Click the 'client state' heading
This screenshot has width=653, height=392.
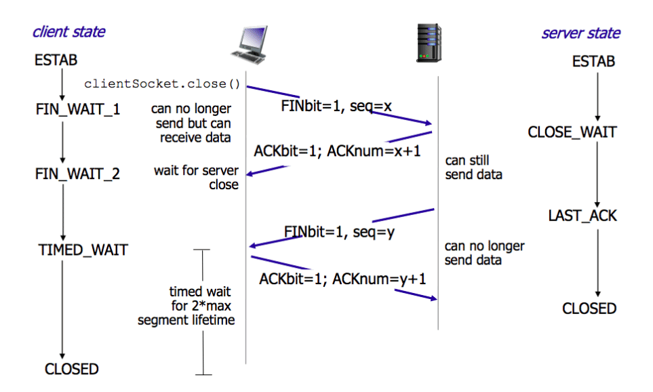coord(69,32)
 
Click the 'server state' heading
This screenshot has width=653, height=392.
coord(580,33)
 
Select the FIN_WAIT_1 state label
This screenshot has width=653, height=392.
coord(77,109)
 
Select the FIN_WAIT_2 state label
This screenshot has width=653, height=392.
coord(77,174)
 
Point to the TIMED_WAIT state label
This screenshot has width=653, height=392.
coord(83,250)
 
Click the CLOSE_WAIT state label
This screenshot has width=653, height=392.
coord(572,132)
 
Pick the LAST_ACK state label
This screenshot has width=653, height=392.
coord(582,216)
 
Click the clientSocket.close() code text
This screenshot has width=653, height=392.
coord(163,84)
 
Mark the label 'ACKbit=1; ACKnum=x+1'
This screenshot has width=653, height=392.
coord(337,151)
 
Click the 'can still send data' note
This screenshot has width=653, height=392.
coord(473,168)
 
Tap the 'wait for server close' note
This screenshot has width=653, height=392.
coord(196,178)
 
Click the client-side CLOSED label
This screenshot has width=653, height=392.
coord(71,369)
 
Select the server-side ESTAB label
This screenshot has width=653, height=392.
coord(593,62)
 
